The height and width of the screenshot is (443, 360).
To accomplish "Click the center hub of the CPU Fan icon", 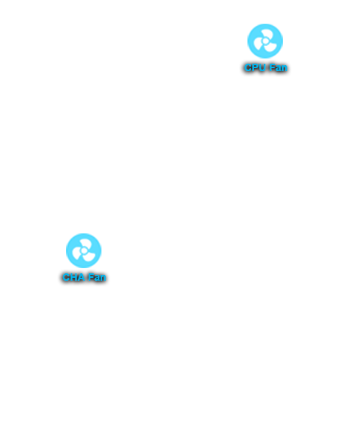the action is [265, 41].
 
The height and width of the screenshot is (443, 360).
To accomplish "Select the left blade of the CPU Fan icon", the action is [258, 44].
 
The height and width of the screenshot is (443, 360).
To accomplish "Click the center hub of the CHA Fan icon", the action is [84, 250].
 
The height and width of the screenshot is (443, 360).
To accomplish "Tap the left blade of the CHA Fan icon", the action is [76, 253].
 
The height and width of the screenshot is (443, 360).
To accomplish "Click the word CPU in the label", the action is [255, 67].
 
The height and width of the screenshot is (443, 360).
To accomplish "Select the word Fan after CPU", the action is [278, 67].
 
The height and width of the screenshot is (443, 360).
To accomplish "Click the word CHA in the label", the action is [73, 277].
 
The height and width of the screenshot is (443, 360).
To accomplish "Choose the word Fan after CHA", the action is [96, 277].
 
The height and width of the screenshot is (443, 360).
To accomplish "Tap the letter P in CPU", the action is [256, 67].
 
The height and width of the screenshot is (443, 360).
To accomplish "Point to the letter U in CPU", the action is [262, 67].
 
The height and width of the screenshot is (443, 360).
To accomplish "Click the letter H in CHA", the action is [74, 277].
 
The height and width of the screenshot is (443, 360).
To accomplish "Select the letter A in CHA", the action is [81, 277].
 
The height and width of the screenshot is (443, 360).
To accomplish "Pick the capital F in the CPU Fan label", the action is [272, 67].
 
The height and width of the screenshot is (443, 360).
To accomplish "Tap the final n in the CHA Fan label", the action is [103, 278].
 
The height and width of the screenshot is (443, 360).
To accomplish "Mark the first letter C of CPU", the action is [248, 67].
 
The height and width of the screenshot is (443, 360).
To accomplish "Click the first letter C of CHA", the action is [67, 277].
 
